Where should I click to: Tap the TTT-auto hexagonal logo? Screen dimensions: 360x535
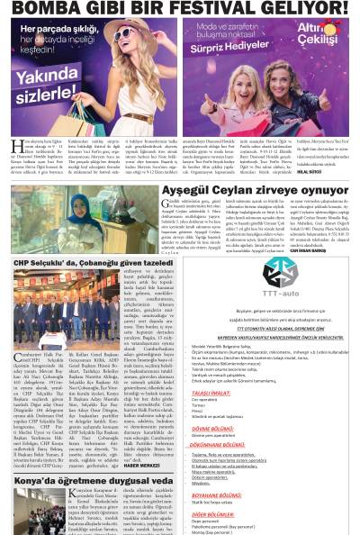pos(280,270)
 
